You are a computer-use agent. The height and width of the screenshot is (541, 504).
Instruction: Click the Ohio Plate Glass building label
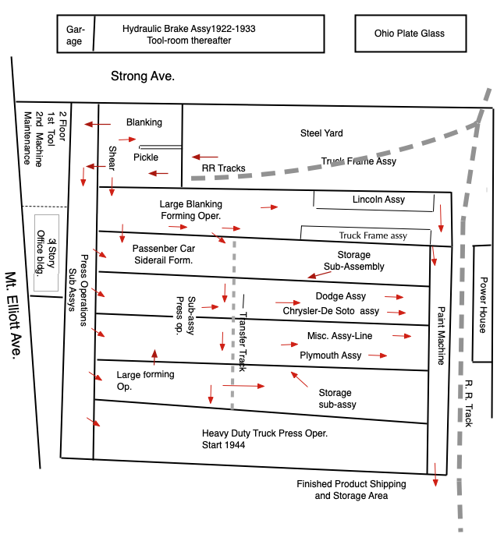coord(410,34)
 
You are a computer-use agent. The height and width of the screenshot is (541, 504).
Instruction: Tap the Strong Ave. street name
coord(143,76)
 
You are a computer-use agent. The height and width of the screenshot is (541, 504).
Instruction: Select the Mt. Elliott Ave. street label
coord(13,316)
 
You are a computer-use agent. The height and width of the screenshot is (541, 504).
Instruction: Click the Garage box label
coord(75,35)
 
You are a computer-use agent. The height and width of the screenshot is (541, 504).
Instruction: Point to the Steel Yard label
coord(321,133)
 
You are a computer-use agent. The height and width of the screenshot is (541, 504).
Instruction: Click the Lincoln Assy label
coord(378,200)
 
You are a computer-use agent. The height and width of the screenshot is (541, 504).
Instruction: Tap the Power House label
coord(483,305)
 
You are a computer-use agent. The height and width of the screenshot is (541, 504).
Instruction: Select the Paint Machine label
coord(441,336)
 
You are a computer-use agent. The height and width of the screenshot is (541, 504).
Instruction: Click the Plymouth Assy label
coord(330,355)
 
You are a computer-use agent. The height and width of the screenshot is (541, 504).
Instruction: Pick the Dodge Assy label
coord(341,296)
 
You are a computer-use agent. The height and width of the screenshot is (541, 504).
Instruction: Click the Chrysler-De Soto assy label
coord(331,311)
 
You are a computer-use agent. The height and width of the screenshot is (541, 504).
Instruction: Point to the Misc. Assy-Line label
coord(339,336)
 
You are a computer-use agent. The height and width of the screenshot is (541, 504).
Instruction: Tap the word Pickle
coord(146,157)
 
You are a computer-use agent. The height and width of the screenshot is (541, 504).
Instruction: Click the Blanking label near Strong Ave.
coord(144,122)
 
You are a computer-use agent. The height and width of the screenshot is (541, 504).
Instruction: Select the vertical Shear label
coord(112,158)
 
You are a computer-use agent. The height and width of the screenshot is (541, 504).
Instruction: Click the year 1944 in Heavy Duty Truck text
coord(235,445)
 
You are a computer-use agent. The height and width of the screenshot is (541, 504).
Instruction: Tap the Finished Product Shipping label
coord(351,484)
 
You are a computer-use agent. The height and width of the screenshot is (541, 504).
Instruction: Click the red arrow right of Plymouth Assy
coord(378,355)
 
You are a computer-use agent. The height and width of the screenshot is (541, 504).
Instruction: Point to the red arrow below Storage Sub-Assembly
coord(319,274)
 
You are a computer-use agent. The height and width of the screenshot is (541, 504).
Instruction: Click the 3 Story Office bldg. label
coord(46,253)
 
